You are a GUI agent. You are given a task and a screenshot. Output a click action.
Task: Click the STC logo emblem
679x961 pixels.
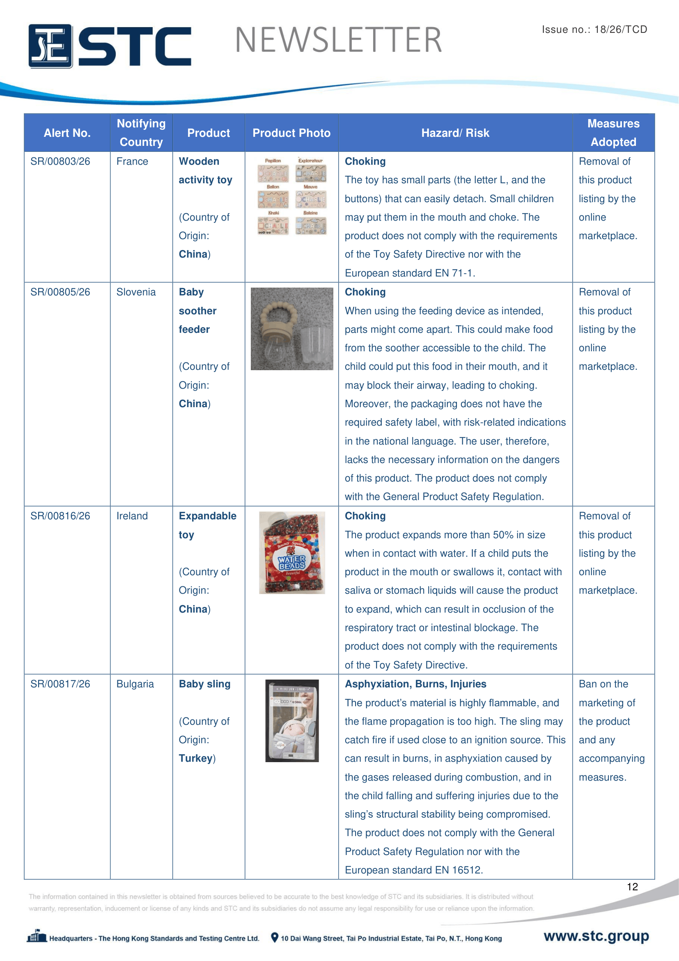pos(50,46)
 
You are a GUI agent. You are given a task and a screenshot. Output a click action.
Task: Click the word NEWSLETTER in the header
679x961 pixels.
pos(338,40)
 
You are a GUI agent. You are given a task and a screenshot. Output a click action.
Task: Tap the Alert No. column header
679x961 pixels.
pos(67,133)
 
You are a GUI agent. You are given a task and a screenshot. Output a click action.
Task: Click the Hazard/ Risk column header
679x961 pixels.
pos(455,133)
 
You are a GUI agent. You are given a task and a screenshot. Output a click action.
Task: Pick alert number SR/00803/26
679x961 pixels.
pos(60,161)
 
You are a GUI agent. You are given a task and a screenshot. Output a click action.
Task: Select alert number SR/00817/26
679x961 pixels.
pos(60,684)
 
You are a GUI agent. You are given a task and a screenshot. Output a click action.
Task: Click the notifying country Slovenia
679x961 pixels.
pos(136,292)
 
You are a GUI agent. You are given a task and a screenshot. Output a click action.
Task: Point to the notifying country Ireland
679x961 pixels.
pos(132,516)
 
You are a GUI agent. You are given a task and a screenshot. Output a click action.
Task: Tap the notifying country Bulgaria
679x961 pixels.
pos(135,684)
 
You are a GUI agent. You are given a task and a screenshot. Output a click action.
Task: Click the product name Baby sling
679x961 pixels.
pos(204,684)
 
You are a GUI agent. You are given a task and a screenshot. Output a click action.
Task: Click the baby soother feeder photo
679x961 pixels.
pos(292,329)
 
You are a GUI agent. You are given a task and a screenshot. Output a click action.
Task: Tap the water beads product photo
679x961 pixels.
pos(292,553)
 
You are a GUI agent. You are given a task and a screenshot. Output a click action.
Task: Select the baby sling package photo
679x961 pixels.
pos(292,721)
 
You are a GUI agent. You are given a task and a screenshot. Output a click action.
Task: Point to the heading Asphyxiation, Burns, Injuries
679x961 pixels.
pos(415,684)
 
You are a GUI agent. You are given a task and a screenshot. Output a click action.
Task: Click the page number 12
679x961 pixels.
pos(632,887)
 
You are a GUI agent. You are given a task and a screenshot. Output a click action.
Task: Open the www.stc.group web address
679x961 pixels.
pos(596,936)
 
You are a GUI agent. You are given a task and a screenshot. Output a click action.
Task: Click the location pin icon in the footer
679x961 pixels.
pos(275,938)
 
